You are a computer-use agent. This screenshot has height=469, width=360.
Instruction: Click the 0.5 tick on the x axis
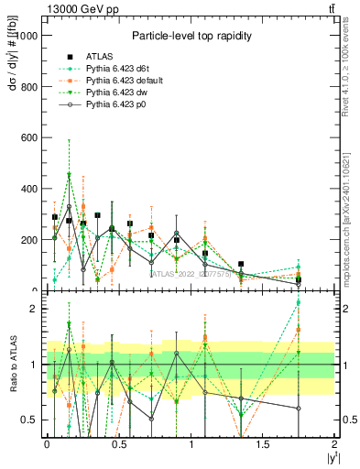point(119,444)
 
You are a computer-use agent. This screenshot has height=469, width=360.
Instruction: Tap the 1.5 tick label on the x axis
point(264,444)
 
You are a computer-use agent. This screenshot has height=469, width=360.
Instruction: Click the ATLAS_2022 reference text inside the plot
point(193,273)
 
